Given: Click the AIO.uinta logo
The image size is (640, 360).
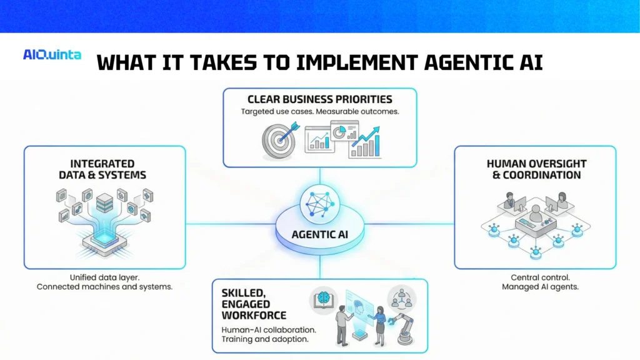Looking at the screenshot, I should pos(52,55).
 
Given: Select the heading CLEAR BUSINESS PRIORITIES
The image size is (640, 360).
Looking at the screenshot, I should pos(319,99).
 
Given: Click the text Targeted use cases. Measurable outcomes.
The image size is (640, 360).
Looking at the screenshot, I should pos(319,112).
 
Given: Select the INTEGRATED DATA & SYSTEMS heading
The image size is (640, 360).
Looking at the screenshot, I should pos(101,169).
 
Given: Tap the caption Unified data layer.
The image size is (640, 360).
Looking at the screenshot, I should pos(104,277).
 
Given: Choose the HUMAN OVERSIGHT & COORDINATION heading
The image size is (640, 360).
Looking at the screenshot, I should pos(536,169).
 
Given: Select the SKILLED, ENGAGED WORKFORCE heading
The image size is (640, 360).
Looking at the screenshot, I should pos(254,304).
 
